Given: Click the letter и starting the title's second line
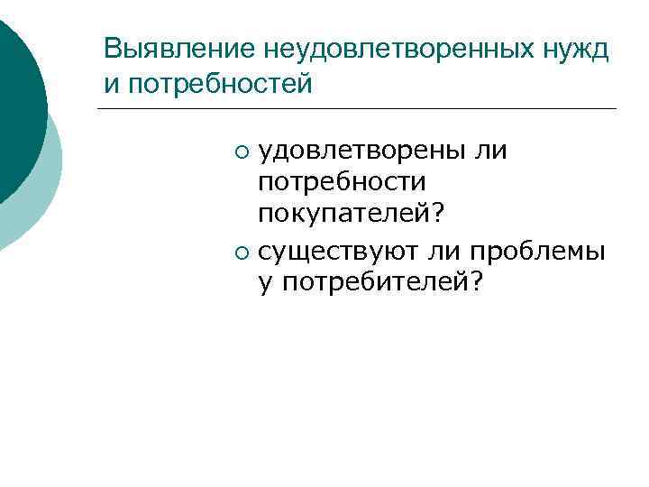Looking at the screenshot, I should click(110, 84).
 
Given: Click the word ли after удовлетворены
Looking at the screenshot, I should click(489, 149).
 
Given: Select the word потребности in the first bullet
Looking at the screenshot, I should click(342, 181).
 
